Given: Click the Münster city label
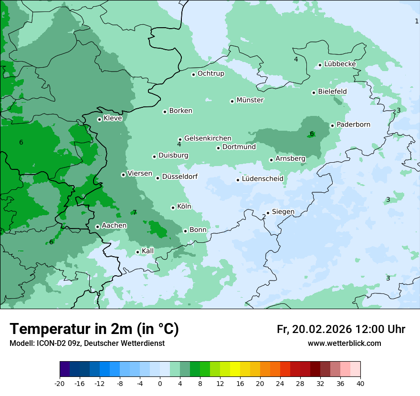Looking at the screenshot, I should click(250, 100).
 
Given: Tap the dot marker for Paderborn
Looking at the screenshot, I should click(333, 125).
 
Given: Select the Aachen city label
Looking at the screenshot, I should click(114, 225).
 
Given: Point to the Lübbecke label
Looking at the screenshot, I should click(340, 64).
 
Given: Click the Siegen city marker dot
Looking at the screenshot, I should click(268, 213).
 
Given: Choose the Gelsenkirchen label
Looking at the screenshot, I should click(208, 138).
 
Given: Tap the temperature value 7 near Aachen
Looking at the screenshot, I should click(135, 212).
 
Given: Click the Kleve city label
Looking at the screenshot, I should click(113, 118).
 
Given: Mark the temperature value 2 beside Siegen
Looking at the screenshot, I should click(263, 217).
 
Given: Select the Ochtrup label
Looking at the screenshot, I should click(210, 73).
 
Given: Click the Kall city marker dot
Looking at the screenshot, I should click(138, 252).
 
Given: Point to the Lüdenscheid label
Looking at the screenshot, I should click(262, 179).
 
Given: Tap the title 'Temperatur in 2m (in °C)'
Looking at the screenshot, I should click(94, 329).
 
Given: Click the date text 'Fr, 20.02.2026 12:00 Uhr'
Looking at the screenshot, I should click(341, 329).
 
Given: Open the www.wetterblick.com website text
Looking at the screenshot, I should click(344, 343).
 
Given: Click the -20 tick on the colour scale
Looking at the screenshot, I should click(60, 383).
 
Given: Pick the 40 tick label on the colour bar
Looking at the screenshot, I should click(360, 383).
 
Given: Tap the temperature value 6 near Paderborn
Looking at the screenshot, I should click(312, 134).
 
